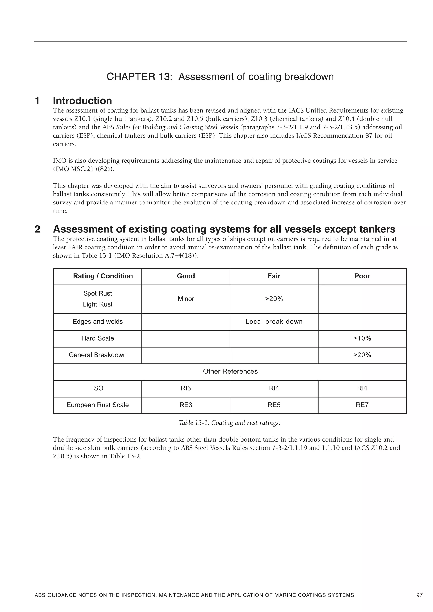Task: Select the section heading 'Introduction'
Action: coord(82,101)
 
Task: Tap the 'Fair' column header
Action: coord(274,276)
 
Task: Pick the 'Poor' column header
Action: coord(362,276)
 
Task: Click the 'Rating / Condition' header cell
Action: coord(103,276)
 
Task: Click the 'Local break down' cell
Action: coord(274,322)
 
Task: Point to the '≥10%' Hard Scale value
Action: coord(362,338)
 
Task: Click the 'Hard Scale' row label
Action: coord(98,338)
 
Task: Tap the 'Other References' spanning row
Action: coord(230,371)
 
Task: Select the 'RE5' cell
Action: coord(274,405)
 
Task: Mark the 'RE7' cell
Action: coord(362,405)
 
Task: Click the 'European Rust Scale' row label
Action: coord(98,405)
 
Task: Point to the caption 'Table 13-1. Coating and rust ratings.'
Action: coord(229,423)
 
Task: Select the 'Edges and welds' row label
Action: coord(98,322)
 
